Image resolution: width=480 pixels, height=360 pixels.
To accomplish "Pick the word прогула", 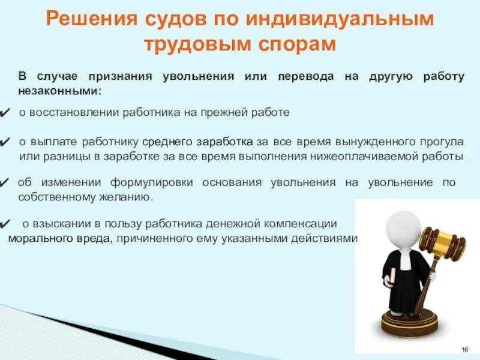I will click(x=443, y=142).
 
